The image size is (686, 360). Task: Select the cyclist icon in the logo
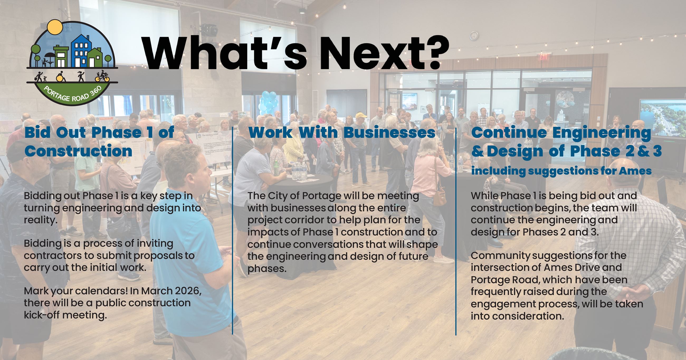click(103, 76)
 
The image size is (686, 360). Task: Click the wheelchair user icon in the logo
click(60, 76)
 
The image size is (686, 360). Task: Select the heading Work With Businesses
click(342, 133)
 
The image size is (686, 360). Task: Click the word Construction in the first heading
click(78, 151)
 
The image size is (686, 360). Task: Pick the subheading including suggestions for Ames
click(561, 171)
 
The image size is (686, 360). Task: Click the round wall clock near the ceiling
click(474, 36)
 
